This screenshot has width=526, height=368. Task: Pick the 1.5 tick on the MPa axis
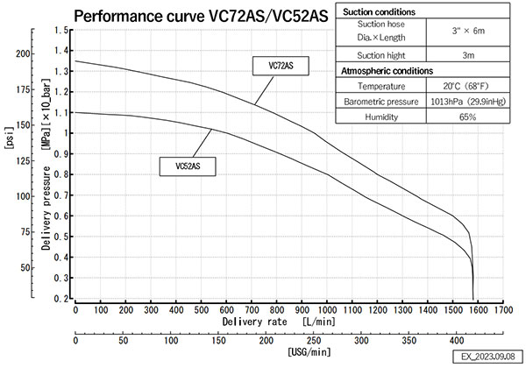coord(60,30)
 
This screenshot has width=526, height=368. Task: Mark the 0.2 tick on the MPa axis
coord(60,299)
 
